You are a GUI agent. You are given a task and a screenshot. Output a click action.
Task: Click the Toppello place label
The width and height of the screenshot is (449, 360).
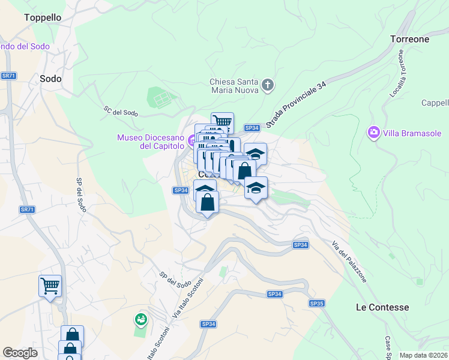(x=43, y=17)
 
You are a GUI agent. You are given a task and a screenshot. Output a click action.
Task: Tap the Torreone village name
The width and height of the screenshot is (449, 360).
(x=409, y=39)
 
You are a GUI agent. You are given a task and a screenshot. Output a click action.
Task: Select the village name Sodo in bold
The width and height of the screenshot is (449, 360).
(x=50, y=78)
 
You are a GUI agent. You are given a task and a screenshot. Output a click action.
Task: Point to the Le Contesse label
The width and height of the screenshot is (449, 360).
(x=382, y=307)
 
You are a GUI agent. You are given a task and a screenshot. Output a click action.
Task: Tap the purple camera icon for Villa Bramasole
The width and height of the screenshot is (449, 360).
(x=374, y=131)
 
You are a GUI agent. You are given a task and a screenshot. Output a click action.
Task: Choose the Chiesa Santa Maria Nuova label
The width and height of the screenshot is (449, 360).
(x=234, y=86)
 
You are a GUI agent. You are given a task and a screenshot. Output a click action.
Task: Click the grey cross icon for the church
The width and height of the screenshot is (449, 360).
(x=268, y=86)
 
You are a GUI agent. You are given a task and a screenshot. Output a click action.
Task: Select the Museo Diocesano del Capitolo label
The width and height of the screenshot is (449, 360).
(x=151, y=142)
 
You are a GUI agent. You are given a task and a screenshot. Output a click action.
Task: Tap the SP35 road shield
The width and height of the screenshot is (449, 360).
(x=316, y=304)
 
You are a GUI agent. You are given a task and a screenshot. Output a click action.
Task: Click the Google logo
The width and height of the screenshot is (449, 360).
(x=20, y=353)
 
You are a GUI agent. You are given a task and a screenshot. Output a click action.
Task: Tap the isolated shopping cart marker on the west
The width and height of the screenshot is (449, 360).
(x=50, y=285)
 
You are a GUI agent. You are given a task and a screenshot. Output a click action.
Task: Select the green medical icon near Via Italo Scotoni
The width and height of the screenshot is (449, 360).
(x=141, y=319)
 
